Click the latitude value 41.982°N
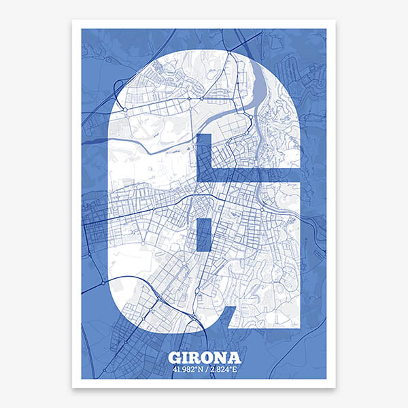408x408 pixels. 188,370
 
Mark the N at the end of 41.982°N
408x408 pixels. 201,370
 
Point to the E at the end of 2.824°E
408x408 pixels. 235,370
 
